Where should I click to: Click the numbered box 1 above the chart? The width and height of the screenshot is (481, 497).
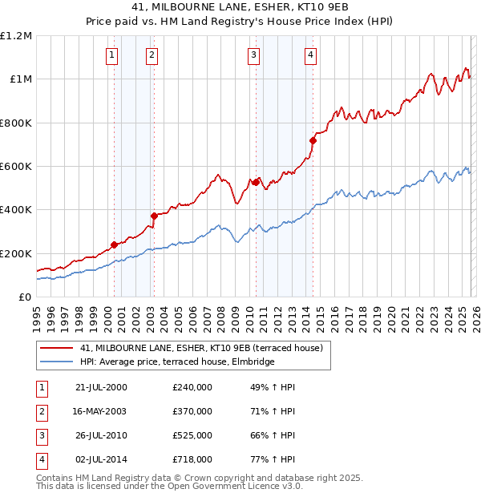[111, 55]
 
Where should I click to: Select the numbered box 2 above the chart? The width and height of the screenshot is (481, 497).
[151, 55]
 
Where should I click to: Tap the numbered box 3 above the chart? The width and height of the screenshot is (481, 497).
[253, 55]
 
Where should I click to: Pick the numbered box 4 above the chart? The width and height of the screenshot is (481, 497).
[309, 55]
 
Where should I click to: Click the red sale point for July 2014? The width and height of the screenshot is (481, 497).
[313, 141]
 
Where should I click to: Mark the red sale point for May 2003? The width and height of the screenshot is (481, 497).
[154, 216]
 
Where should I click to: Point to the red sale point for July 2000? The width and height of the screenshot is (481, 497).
[114, 244]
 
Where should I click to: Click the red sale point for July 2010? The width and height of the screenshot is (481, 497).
[256, 183]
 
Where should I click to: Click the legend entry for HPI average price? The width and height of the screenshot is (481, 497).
[177, 362]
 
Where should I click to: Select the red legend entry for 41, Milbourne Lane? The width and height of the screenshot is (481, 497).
[201, 348]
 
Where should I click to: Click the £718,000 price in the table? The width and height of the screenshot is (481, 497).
[192, 459]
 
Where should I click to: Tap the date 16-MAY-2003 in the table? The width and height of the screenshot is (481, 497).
[101, 411]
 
